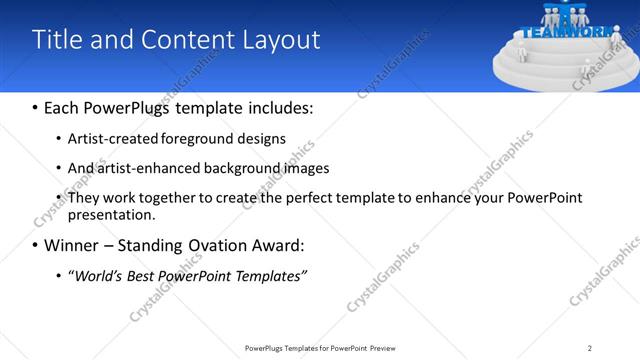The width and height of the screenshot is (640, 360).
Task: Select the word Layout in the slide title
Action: [x=281, y=40]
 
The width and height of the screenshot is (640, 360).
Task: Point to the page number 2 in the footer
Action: [x=590, y=348]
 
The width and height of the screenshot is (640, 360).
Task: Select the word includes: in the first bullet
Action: [x=281, y=107]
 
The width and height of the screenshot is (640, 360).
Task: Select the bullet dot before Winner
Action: [x=36, y=246]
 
